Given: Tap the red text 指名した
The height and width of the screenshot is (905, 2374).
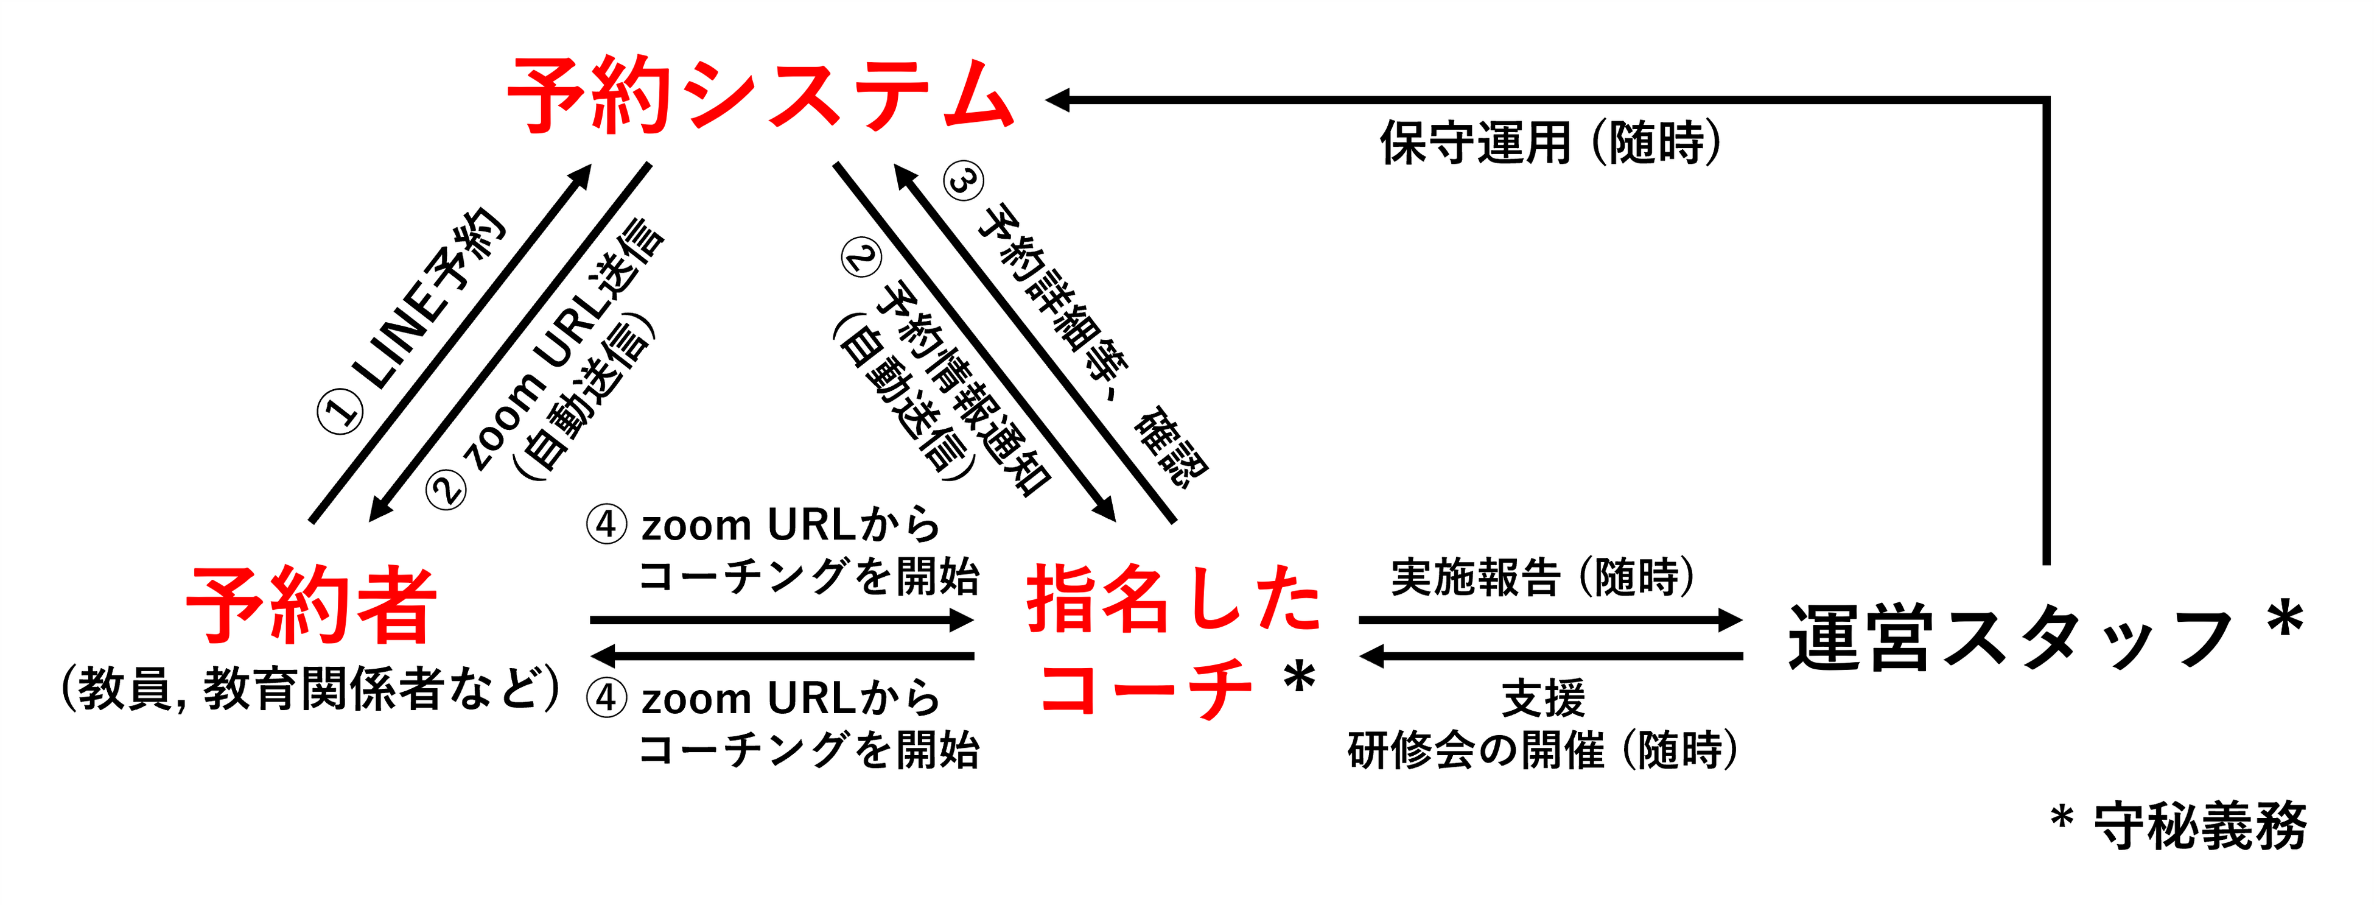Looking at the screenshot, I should pyautogui.click(x=1173, y=599).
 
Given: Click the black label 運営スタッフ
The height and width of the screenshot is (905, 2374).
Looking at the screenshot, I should pyautogui.click(x=2009, y=638).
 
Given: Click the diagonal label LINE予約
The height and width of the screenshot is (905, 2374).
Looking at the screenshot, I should pyautogui.click(x=433, y=300).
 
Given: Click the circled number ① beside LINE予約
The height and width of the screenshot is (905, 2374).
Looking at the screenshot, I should pyautogui.click(x=341, y=411).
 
